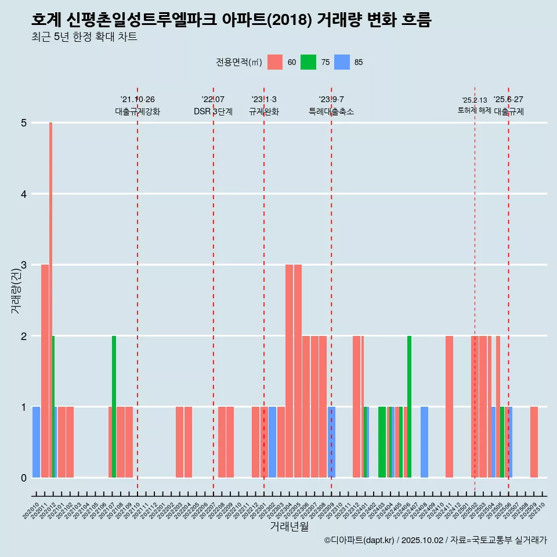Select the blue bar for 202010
(x=36, y=442)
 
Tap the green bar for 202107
(x=114, y=406)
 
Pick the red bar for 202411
(x=449, y=406)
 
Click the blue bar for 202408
(x=424, y=442)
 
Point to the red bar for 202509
(x=534, y=442)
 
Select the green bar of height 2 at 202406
(x=409, y=406)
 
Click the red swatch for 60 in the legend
(x=275, y=63)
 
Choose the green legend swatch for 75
(x=308, y=63)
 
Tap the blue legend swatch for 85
(x=342, y=63)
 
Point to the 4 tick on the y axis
(x=24, y=194)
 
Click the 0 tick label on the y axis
(x=24, y=478)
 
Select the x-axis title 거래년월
(x=289, y=527)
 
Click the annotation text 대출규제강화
(x=138, y=111)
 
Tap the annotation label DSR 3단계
(x=213, y=111)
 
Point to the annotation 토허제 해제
(x=474, y=110)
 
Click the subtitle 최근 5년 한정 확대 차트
(x=84, y=37)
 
